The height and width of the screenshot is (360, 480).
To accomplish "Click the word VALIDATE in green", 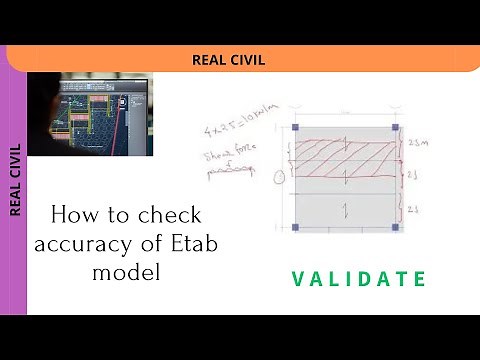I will [x=359, y=279].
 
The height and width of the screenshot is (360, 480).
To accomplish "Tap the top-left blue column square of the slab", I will [x=295, y=128].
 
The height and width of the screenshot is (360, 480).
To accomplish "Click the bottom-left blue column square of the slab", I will [x=295, y=228].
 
